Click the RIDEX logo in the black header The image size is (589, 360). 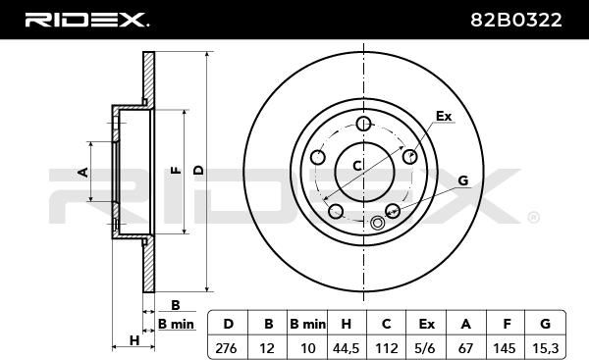[x=86, y=20]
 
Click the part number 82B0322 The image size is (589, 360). [x=516, y=20]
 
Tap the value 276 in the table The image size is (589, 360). [x=226, y=348]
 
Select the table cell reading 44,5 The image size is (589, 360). [x=346, y=349]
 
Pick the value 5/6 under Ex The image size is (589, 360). [x=426, y=348]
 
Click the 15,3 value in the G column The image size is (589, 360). [x=546, y=348]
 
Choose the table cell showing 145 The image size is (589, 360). [x=505, y=348]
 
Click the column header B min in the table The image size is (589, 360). [x=307, y=324]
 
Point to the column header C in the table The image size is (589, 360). [x=386, y=324]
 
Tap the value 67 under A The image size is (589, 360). [x=465, y=348]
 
